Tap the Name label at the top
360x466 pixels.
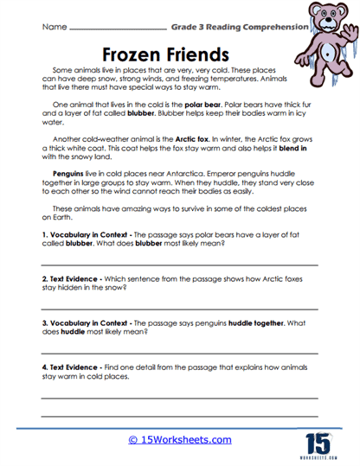(54, 27)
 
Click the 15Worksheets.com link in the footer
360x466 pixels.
(180, 439)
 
